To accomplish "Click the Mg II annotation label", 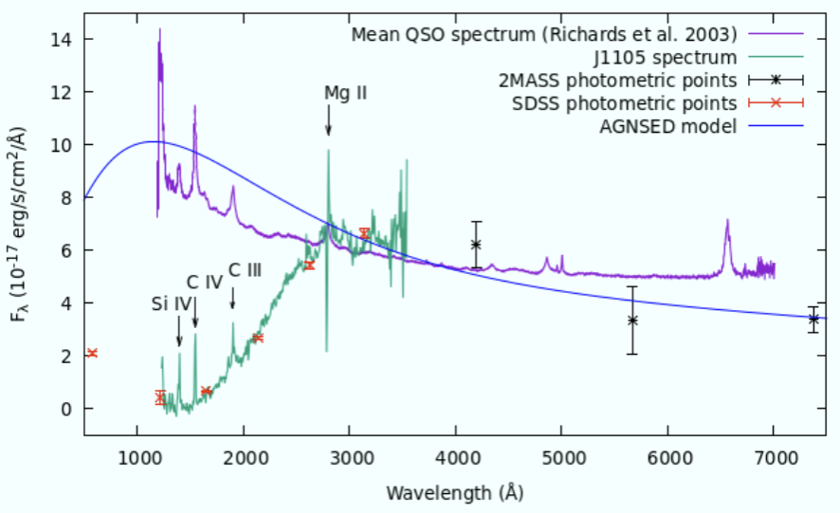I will [x=346, y=93].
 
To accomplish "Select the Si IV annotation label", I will [x=172, y=304].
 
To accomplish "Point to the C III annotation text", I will [x=245, y=269].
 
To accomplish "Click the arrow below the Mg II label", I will [x=328, y=120].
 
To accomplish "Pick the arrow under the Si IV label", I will [x=179, y=333].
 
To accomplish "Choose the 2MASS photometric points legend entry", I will [x=617, y=80].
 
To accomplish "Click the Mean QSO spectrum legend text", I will [x=544, y=34].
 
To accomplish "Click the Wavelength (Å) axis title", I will [x=454, y=493].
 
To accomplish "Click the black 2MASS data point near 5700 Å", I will [x=632, y=321].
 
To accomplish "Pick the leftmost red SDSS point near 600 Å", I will [x=92, y=353].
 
